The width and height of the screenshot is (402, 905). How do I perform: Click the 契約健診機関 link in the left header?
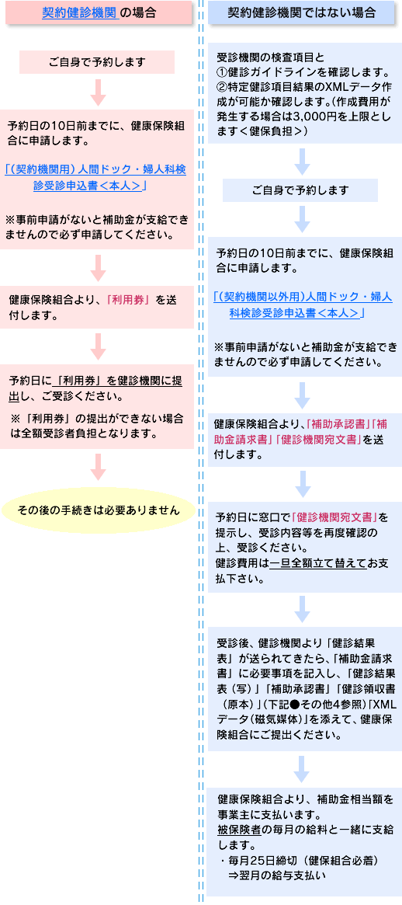pos(80,12)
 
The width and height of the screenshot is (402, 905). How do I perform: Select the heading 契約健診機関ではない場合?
pos(302,12)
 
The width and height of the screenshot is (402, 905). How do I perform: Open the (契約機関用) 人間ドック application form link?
pos(95,176)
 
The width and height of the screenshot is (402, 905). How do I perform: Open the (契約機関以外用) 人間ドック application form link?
pos(303,305)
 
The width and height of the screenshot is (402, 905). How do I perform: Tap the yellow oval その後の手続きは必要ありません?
pos(98,510)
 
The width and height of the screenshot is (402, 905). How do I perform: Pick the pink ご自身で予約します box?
pos(97,61)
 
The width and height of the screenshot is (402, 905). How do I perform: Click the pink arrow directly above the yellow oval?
pos(99,466)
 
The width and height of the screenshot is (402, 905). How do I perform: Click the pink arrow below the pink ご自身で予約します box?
pos(99,92)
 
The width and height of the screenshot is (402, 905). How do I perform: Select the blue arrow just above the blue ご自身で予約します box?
pos(302,162)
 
